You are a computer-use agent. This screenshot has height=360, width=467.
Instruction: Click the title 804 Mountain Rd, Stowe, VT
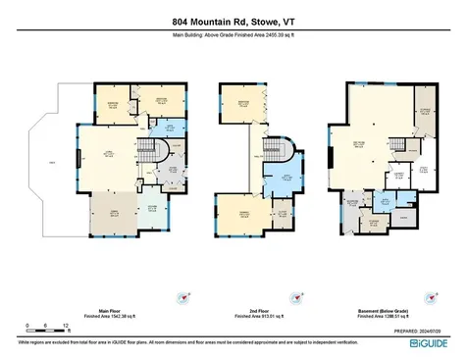coord(233,25)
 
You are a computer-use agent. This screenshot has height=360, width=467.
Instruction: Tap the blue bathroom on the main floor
coord(170,129)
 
